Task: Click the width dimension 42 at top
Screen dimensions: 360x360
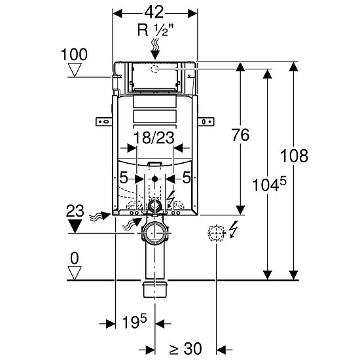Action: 154,12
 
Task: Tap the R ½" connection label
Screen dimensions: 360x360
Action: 155,30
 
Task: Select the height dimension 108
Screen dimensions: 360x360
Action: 294,156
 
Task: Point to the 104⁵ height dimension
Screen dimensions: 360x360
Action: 269,185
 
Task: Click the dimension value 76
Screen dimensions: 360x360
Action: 240,135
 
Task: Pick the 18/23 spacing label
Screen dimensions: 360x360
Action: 154,137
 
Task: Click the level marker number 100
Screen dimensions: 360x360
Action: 74,54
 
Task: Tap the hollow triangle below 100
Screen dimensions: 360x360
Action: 75,70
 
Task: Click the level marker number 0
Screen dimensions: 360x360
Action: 75,259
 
